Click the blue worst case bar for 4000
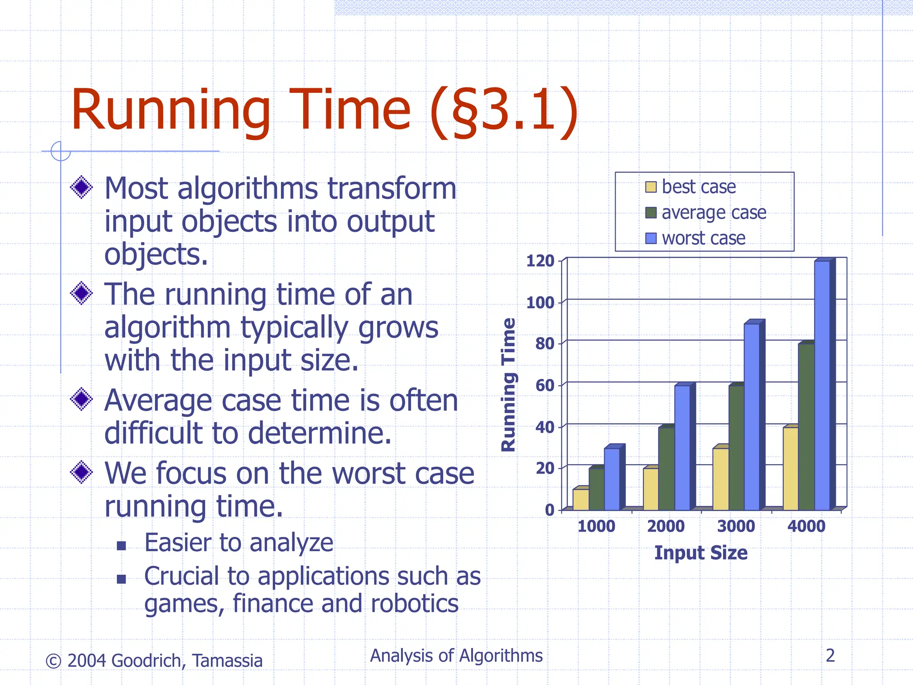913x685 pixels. (822, 386)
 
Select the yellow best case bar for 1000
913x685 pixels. (580, 499)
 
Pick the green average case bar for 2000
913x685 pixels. (666, 468)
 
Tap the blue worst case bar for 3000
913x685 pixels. (752, 417)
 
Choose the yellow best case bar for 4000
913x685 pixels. (790, 468)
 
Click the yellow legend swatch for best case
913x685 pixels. (651, 187)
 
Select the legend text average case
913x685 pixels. (714, 213)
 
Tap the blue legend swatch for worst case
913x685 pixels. (651, 239)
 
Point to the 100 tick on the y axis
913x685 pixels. (540, 303)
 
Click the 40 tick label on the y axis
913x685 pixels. (544, 427)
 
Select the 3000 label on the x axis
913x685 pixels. (736, 526)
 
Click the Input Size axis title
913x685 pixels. (700, 553)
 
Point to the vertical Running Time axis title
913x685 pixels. (509, 384)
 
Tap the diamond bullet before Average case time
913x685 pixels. (82, 399)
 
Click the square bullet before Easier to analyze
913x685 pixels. (121, 545)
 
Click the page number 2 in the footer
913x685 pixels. (830, 656)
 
